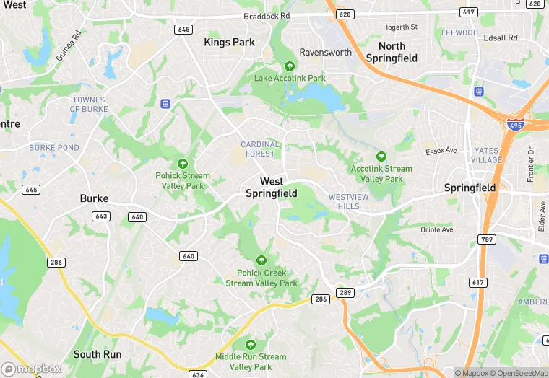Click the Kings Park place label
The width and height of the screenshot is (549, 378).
coord(229,42)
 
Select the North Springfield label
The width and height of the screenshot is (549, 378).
coord(392,52)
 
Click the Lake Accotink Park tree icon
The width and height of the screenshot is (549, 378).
coord(290,66)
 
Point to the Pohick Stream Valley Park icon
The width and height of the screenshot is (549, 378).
coord(182,163)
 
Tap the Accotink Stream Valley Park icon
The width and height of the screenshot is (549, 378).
coord(381,157)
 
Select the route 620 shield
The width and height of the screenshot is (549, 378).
coord(345,14)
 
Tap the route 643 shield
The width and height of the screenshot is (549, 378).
coord(101,216)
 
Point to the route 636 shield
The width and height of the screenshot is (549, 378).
coord(199,374)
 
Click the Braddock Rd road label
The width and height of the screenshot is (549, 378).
coord(267,15)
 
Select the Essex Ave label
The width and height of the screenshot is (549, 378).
coord(441,151)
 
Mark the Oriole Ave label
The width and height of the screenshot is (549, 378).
coord(436,229)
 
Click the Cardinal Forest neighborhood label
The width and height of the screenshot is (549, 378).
coord(259,149)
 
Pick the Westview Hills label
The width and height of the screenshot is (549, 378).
coord(348,201)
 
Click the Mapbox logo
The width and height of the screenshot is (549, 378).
coord(32,369)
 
